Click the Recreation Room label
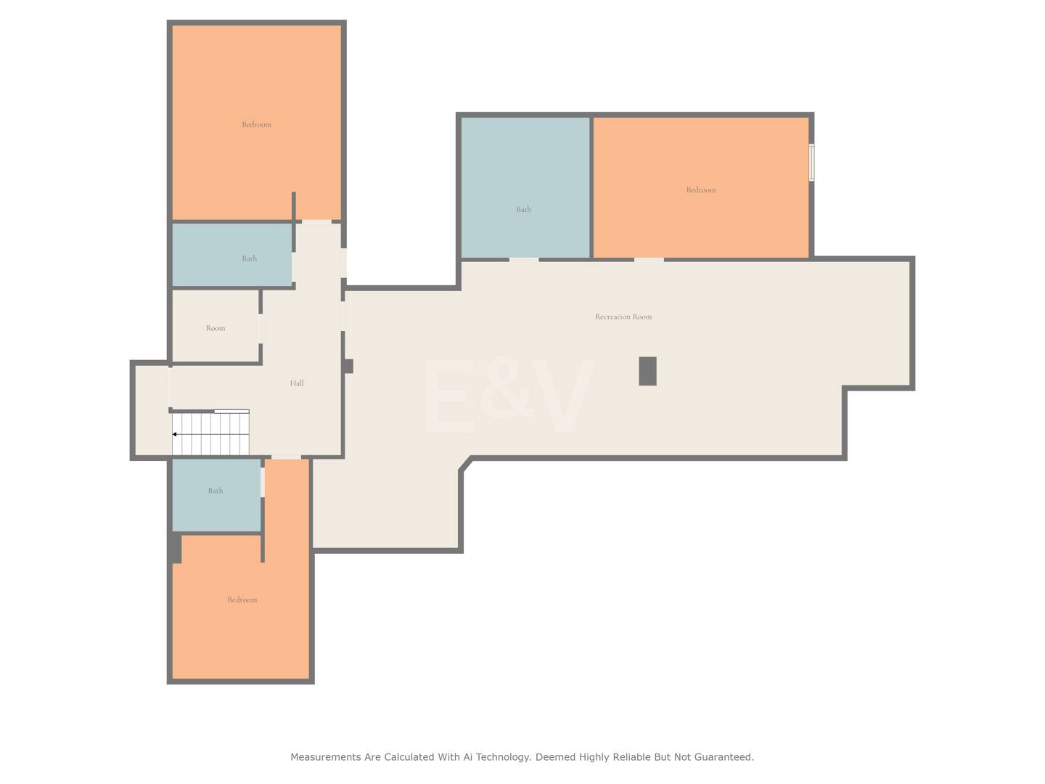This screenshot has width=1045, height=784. (x=623, y=317)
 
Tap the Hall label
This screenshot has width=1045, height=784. (x=297, y=383)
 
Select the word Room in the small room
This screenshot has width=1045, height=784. (x=216, y=328)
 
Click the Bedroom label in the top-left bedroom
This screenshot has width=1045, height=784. (x=256, y=125)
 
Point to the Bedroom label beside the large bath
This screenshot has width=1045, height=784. (x=701, y=190)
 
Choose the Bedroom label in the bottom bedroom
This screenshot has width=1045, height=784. (x=242, y=600)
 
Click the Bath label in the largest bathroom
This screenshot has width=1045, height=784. (x=524, y=210)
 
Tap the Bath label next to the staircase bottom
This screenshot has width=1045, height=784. (x=216, y=491)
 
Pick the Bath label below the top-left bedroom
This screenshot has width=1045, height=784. (x=249, y=258)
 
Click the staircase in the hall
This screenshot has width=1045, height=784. (x=210, y=433)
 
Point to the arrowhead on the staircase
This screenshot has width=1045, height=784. (x=175, y=434)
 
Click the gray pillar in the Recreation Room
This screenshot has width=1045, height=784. (x=647, y=371)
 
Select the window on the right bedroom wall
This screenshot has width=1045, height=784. (x=812, y=163)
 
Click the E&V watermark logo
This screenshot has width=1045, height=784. (x=509, y=396)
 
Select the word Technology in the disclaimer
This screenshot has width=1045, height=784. (x=503, y=757)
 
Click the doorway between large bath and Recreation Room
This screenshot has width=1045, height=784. (x=524, y=260)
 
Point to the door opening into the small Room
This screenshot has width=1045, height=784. (x=261, y=329)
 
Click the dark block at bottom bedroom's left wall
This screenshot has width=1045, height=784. (x=176, y=547)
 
